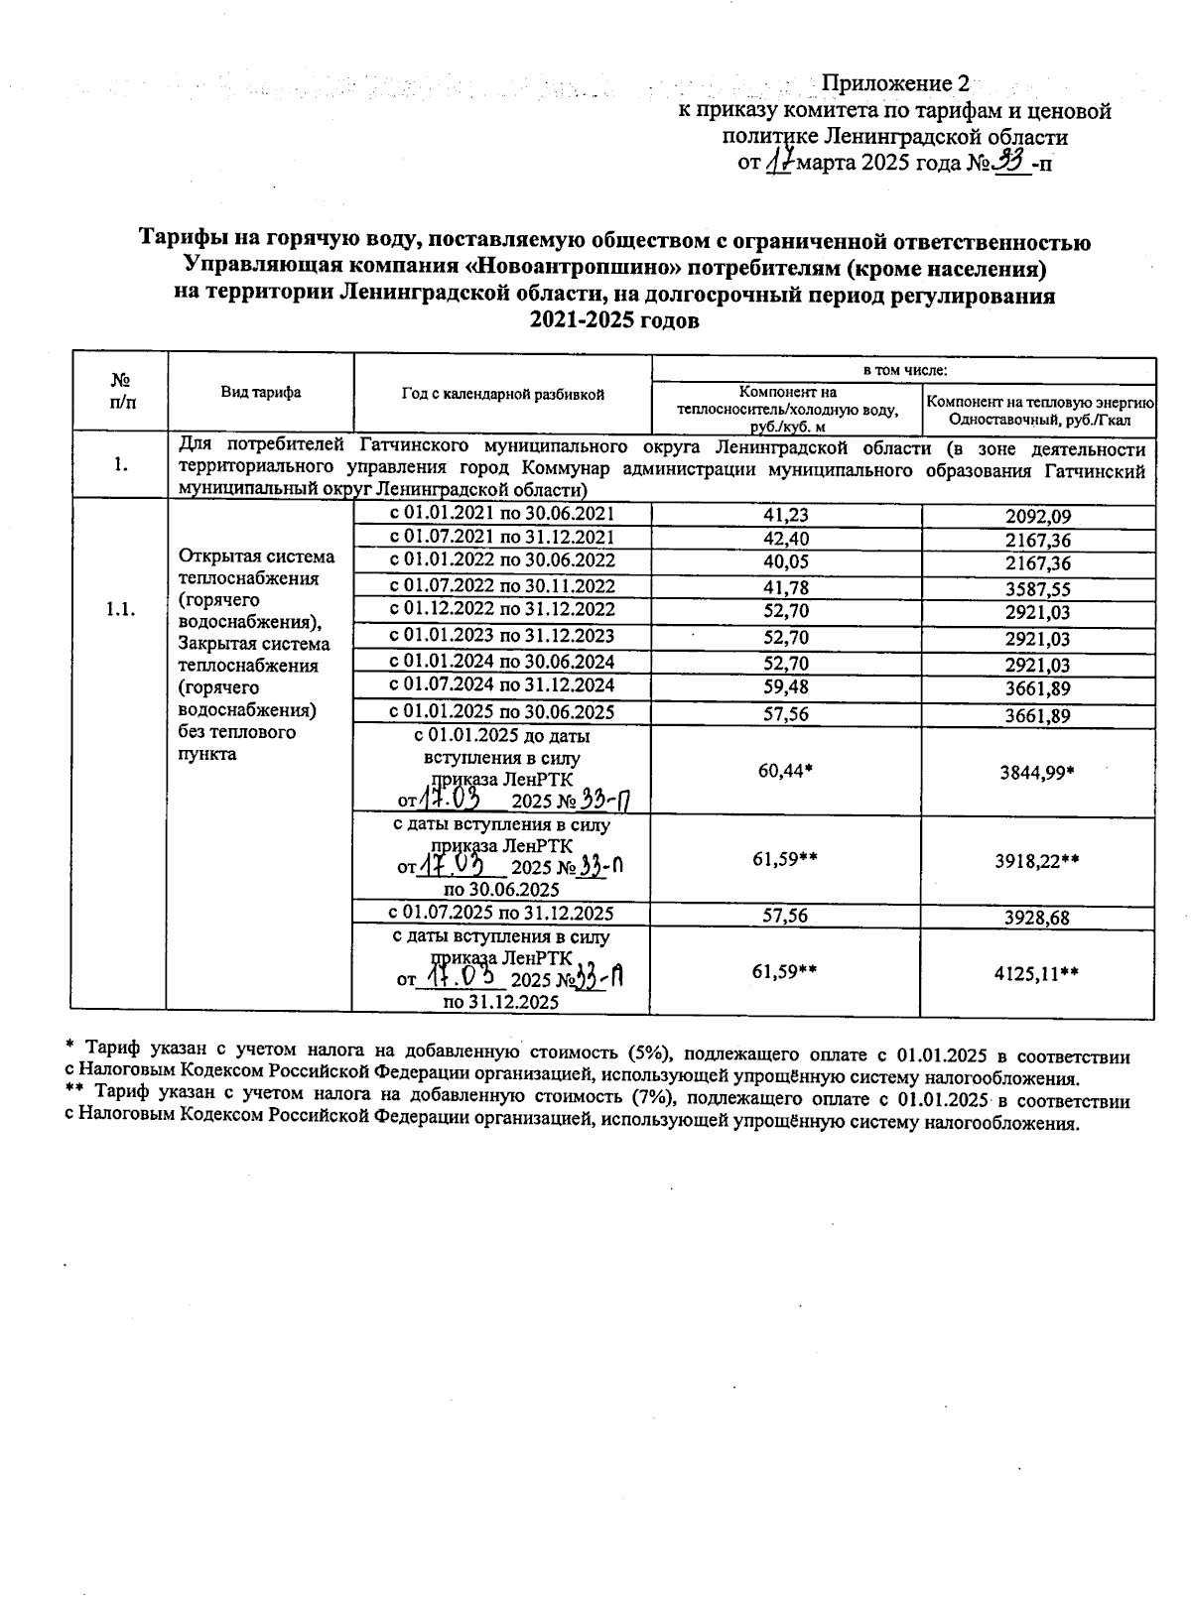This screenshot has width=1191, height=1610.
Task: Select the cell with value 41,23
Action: click(784, 515)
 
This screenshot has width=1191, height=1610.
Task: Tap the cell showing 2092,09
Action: click(1037, 516)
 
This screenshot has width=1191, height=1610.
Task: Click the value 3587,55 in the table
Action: click(1037, 589)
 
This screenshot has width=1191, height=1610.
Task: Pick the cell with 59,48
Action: click(784, 686)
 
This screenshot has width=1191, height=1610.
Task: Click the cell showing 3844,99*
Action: click(1037, 772)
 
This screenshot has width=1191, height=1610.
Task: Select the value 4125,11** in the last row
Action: click(1037, 974)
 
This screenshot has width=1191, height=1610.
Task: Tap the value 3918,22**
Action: click(1037, 861)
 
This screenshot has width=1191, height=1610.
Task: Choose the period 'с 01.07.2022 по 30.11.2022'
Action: click(501, 586)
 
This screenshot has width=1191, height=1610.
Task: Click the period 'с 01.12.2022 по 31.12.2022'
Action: click(501, 609)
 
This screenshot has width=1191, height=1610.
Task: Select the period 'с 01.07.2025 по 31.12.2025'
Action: click(501, 914)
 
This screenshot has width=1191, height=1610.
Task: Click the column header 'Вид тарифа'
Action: click(260, 393)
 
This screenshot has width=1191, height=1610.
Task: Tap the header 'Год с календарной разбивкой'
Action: click(502, 394)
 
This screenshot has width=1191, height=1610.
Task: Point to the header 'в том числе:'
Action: click(904, 370)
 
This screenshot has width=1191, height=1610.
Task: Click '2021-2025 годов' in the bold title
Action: click(614, 320)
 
